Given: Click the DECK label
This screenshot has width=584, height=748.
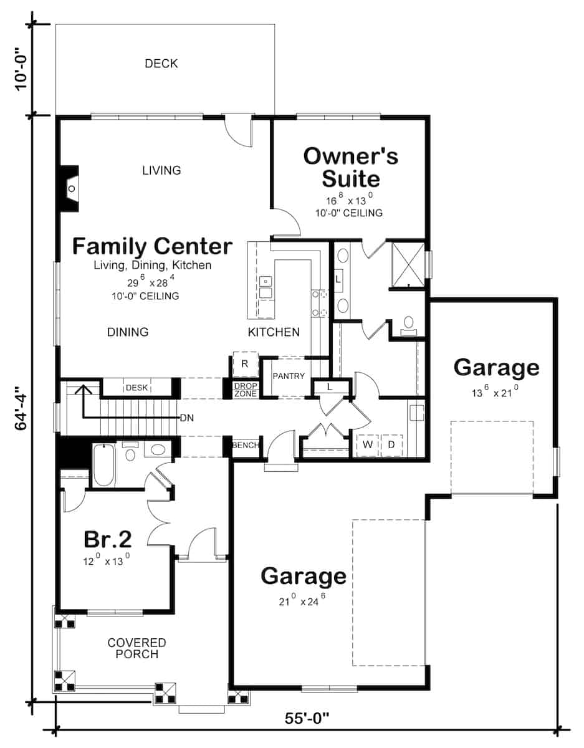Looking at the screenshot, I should tap(161, 64).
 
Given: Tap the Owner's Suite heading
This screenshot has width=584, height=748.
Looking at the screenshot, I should tap(350, 167).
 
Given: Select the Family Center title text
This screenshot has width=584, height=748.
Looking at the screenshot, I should tap(152, 246).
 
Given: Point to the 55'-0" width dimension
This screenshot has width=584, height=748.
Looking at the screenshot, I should tap(307, 718).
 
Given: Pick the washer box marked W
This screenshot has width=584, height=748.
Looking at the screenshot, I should tap(368, 445).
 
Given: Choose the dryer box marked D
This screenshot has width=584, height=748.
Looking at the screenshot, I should tap(391, 445).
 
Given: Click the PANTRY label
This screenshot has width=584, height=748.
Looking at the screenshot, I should tap(288, 376).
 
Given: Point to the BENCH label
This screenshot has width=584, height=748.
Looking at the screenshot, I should tap(244, 446).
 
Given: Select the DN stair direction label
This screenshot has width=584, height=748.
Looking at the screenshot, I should tap(186, 418).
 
